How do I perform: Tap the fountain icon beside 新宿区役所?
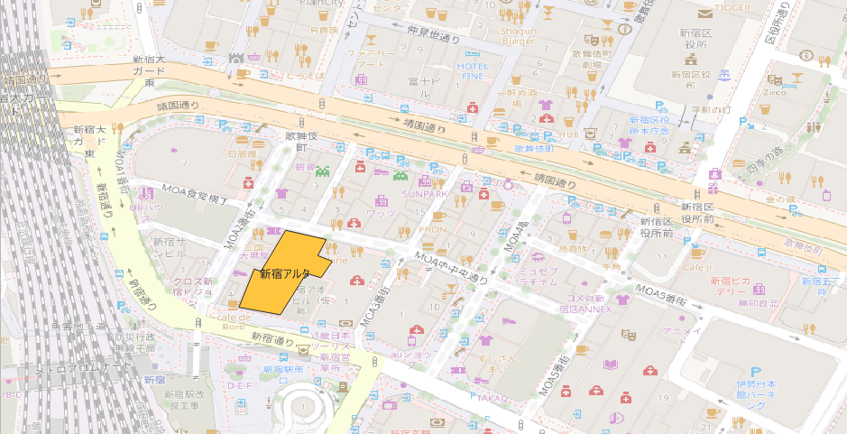[723, 73]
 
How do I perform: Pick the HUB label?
[567, 134]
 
